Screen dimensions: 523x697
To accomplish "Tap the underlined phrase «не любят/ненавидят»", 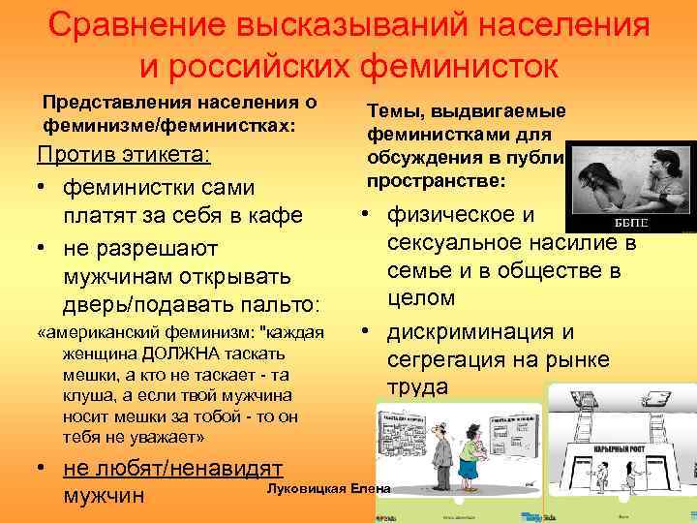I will click(172, 467).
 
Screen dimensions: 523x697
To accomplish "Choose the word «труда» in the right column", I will click(417, 386).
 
